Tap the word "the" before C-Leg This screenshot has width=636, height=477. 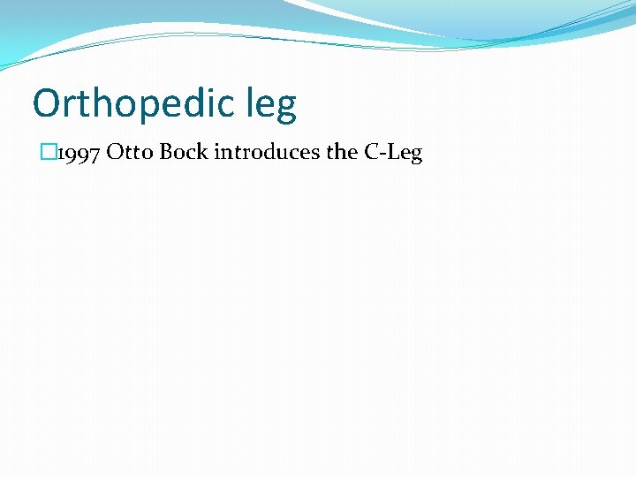coord(342,153)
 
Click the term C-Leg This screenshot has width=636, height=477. coord(393,153)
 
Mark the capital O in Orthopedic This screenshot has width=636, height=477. coord(47,103)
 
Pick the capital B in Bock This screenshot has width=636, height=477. coord(166,153)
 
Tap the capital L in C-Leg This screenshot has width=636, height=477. coord(391,153)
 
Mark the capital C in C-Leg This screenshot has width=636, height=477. coord(371,153)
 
